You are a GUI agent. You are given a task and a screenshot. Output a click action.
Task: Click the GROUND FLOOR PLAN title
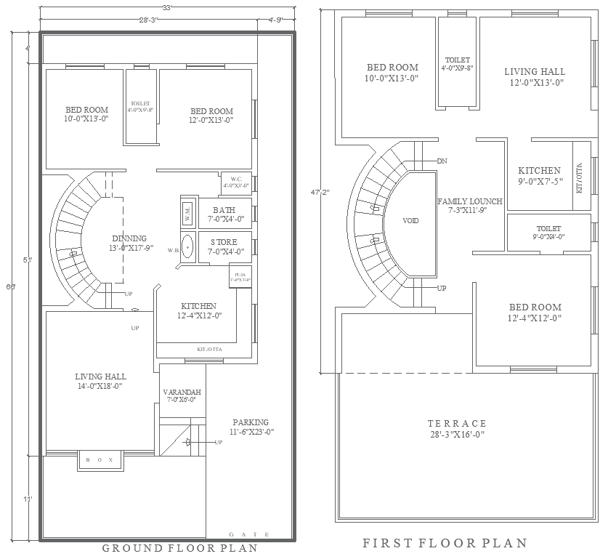click(x=179, y=548)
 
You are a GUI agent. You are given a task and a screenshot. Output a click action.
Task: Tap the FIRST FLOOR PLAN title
click(x=445, y=543)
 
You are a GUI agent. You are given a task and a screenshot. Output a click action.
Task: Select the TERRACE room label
click(x=457, y=423)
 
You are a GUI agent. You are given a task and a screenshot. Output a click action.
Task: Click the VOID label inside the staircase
click(x=410, y=220)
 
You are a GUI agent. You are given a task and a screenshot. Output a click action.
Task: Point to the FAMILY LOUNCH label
click(x=470, y=201)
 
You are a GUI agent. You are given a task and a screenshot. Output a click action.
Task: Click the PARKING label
click(x=251, y=422)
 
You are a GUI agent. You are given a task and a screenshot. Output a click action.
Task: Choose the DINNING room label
click(x=129, y=238)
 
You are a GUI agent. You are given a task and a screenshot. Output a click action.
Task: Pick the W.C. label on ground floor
click(x=236, y=179)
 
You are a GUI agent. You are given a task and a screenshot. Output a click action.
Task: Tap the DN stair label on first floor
click(x=442, y=161)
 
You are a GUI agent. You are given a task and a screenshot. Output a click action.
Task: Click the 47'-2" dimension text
click(x=320, y=193)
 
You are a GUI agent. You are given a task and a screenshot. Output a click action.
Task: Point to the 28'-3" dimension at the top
click(x=148, y=20)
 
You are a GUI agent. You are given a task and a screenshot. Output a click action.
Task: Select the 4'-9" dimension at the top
click(x=277, y=20)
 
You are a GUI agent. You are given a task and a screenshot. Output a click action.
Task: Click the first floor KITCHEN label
click(x=539, y=171)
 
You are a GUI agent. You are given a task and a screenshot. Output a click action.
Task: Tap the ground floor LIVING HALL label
click(x=100, y=377)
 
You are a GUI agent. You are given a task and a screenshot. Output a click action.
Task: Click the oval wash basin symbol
click(x=188, y=246)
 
